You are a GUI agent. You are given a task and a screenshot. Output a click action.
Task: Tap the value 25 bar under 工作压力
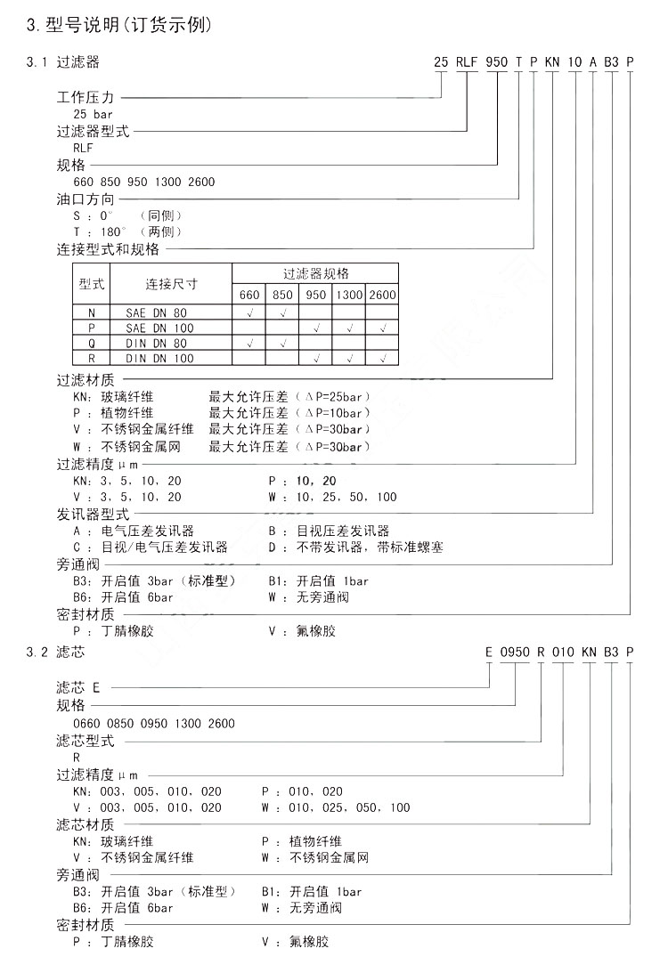click(x=93, y=114)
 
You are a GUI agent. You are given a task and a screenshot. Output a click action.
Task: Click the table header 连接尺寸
click(x=171, y=284)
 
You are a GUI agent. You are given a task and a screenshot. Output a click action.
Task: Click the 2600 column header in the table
click(x=382, y=295)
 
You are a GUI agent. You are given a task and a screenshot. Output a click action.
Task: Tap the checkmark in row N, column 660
click(x=249, y=312)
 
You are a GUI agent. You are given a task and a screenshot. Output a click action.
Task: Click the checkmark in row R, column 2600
click(x=382, y=358)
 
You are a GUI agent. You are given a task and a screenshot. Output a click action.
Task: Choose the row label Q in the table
click(x=91, y=343)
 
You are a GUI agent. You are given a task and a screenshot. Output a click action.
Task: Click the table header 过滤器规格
click(x=315, y=272)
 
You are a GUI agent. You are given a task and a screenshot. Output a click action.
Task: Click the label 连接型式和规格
click(x=108, y=249)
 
